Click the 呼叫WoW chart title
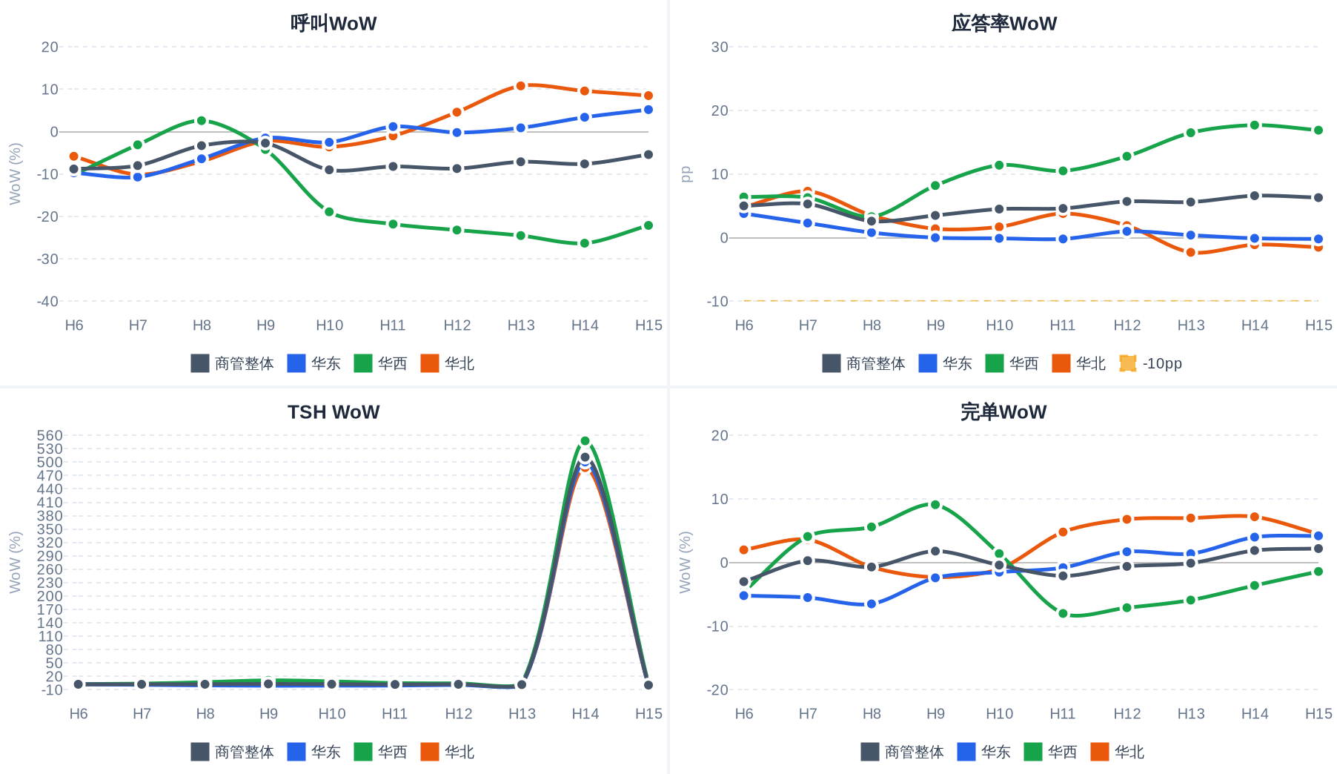[334, 23]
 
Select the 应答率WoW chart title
[1003, 23]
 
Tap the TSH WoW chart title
[334, 411]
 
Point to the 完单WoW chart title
[1003, 411]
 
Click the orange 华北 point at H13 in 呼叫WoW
[521, 86]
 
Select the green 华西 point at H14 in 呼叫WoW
[585, 243]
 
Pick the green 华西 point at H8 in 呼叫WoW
[202, 121]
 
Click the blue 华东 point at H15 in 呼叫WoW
[648, 110]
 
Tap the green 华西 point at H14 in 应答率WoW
[1255, 125]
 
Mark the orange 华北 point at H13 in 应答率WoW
[1191, 253]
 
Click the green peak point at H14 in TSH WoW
[585, 441]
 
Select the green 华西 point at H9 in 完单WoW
[935, 505]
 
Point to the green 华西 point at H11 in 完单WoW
[1064, 613]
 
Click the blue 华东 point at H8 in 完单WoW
[872, 604]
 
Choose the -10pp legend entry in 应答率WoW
[1150, 363]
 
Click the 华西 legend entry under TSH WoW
[381, 752]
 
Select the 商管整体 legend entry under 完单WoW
[902, 752]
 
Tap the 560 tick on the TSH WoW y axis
[50, 435]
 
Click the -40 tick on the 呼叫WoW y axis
[47, 301]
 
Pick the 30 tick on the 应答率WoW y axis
[720, 47]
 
